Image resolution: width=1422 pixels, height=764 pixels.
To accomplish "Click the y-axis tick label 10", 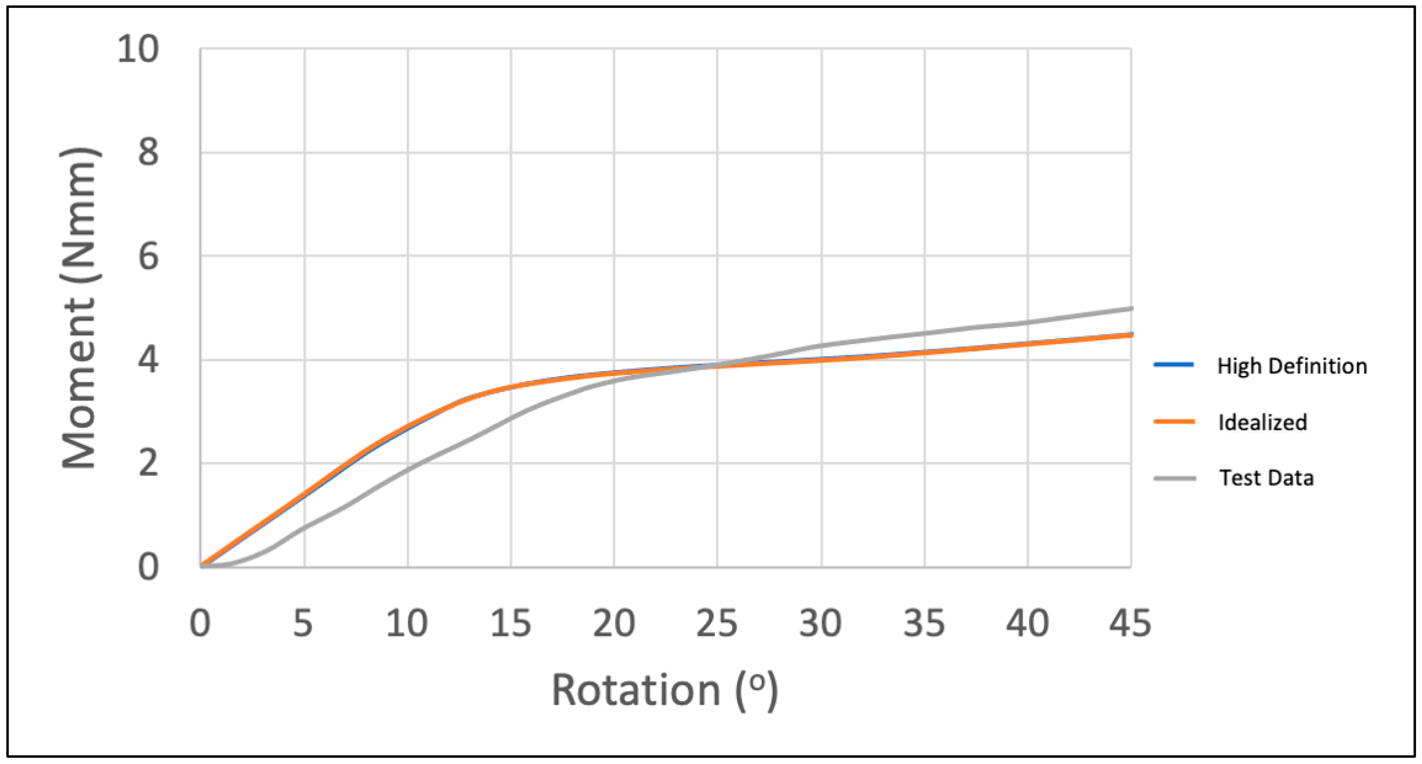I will (x=138, y=49).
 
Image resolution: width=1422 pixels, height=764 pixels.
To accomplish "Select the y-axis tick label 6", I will (x=148, y=257).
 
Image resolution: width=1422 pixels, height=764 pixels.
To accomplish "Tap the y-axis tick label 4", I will (x=148, y=360).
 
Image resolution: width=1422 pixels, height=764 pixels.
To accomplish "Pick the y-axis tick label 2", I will (x=148, y=463).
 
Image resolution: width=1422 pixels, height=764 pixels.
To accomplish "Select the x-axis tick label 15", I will (x=511, y=624).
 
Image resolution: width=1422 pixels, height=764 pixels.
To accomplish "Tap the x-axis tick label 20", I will (x=614, y=624).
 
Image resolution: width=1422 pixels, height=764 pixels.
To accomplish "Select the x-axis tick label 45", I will (x=1130, y=624).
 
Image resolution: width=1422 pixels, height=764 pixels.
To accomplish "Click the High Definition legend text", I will (x=1292, y=366).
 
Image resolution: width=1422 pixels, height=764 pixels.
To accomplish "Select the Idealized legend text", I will (x=1262, y=423).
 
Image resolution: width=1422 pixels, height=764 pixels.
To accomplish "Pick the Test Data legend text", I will (x=1266, y=478).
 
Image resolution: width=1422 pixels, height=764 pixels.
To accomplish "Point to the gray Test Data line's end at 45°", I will (x=1130, y=309).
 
